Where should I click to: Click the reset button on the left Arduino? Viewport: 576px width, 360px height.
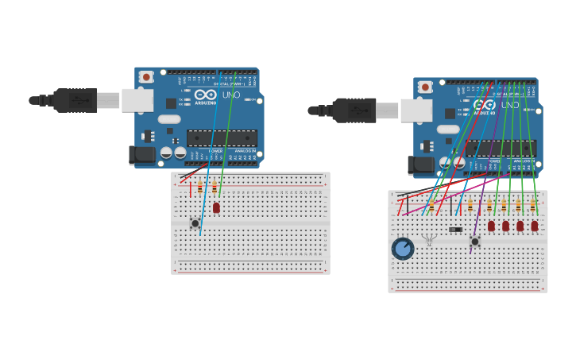146,77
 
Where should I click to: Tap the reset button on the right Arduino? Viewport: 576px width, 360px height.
425,87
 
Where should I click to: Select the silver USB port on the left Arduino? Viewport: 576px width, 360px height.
137,100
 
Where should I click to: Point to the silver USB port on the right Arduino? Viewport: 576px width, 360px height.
416,110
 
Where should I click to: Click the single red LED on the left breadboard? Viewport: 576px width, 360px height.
216,207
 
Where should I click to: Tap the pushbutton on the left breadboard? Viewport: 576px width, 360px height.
195,223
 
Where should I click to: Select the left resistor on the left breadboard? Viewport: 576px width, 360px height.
200,188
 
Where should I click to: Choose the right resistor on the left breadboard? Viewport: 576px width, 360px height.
215,188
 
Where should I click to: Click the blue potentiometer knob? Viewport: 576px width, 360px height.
403,249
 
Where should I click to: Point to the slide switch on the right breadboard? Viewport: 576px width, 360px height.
455,230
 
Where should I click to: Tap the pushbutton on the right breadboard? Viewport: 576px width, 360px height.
475,242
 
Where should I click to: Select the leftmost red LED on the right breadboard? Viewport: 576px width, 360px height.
491,226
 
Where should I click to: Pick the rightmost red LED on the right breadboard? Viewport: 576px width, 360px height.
535,226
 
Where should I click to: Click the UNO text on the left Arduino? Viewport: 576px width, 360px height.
230,95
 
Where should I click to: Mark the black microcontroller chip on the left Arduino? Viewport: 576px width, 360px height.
222,137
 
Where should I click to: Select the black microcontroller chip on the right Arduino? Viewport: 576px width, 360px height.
501,148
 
